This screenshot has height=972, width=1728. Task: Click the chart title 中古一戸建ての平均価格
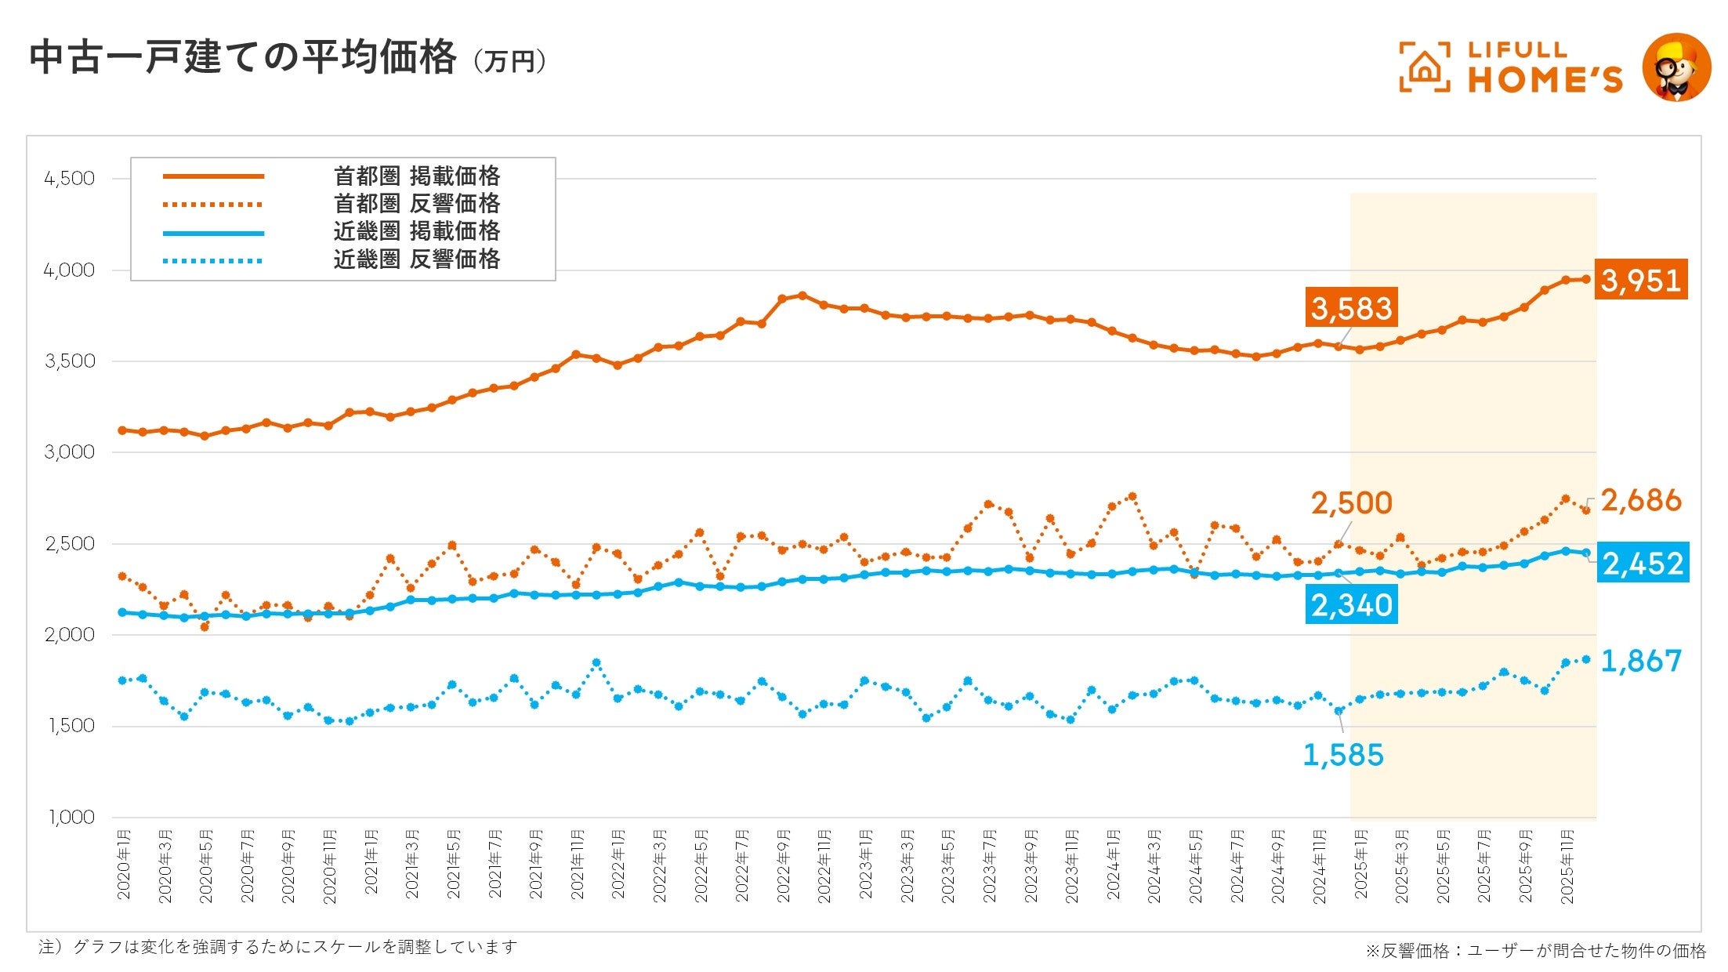[243, 58]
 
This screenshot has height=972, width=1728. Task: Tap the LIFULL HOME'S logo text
[1544, 67]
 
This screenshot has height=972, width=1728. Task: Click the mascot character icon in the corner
[1676, 67]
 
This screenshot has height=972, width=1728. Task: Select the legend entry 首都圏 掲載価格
[416, 176]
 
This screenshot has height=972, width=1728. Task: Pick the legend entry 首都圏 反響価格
[416, 204]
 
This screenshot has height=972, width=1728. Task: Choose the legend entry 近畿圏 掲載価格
[416, 231]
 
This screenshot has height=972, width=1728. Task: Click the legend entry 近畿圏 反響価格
[416, 259]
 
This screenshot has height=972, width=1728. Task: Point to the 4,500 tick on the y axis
[70, 179]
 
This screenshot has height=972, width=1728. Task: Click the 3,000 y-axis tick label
[70, 452]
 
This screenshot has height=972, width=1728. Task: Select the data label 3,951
[1640, 280]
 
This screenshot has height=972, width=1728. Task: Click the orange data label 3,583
[1352, 308]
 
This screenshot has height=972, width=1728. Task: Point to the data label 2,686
[1641, 500]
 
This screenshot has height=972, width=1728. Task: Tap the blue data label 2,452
[1643, 563]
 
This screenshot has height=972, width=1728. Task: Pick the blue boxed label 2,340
[1352, 605]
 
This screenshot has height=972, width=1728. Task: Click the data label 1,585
[1342, 755]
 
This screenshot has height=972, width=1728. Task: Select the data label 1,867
[1641, 661]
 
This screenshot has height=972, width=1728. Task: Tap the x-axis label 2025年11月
[1567, 865]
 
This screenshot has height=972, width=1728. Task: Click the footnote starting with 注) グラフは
[278, 947]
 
